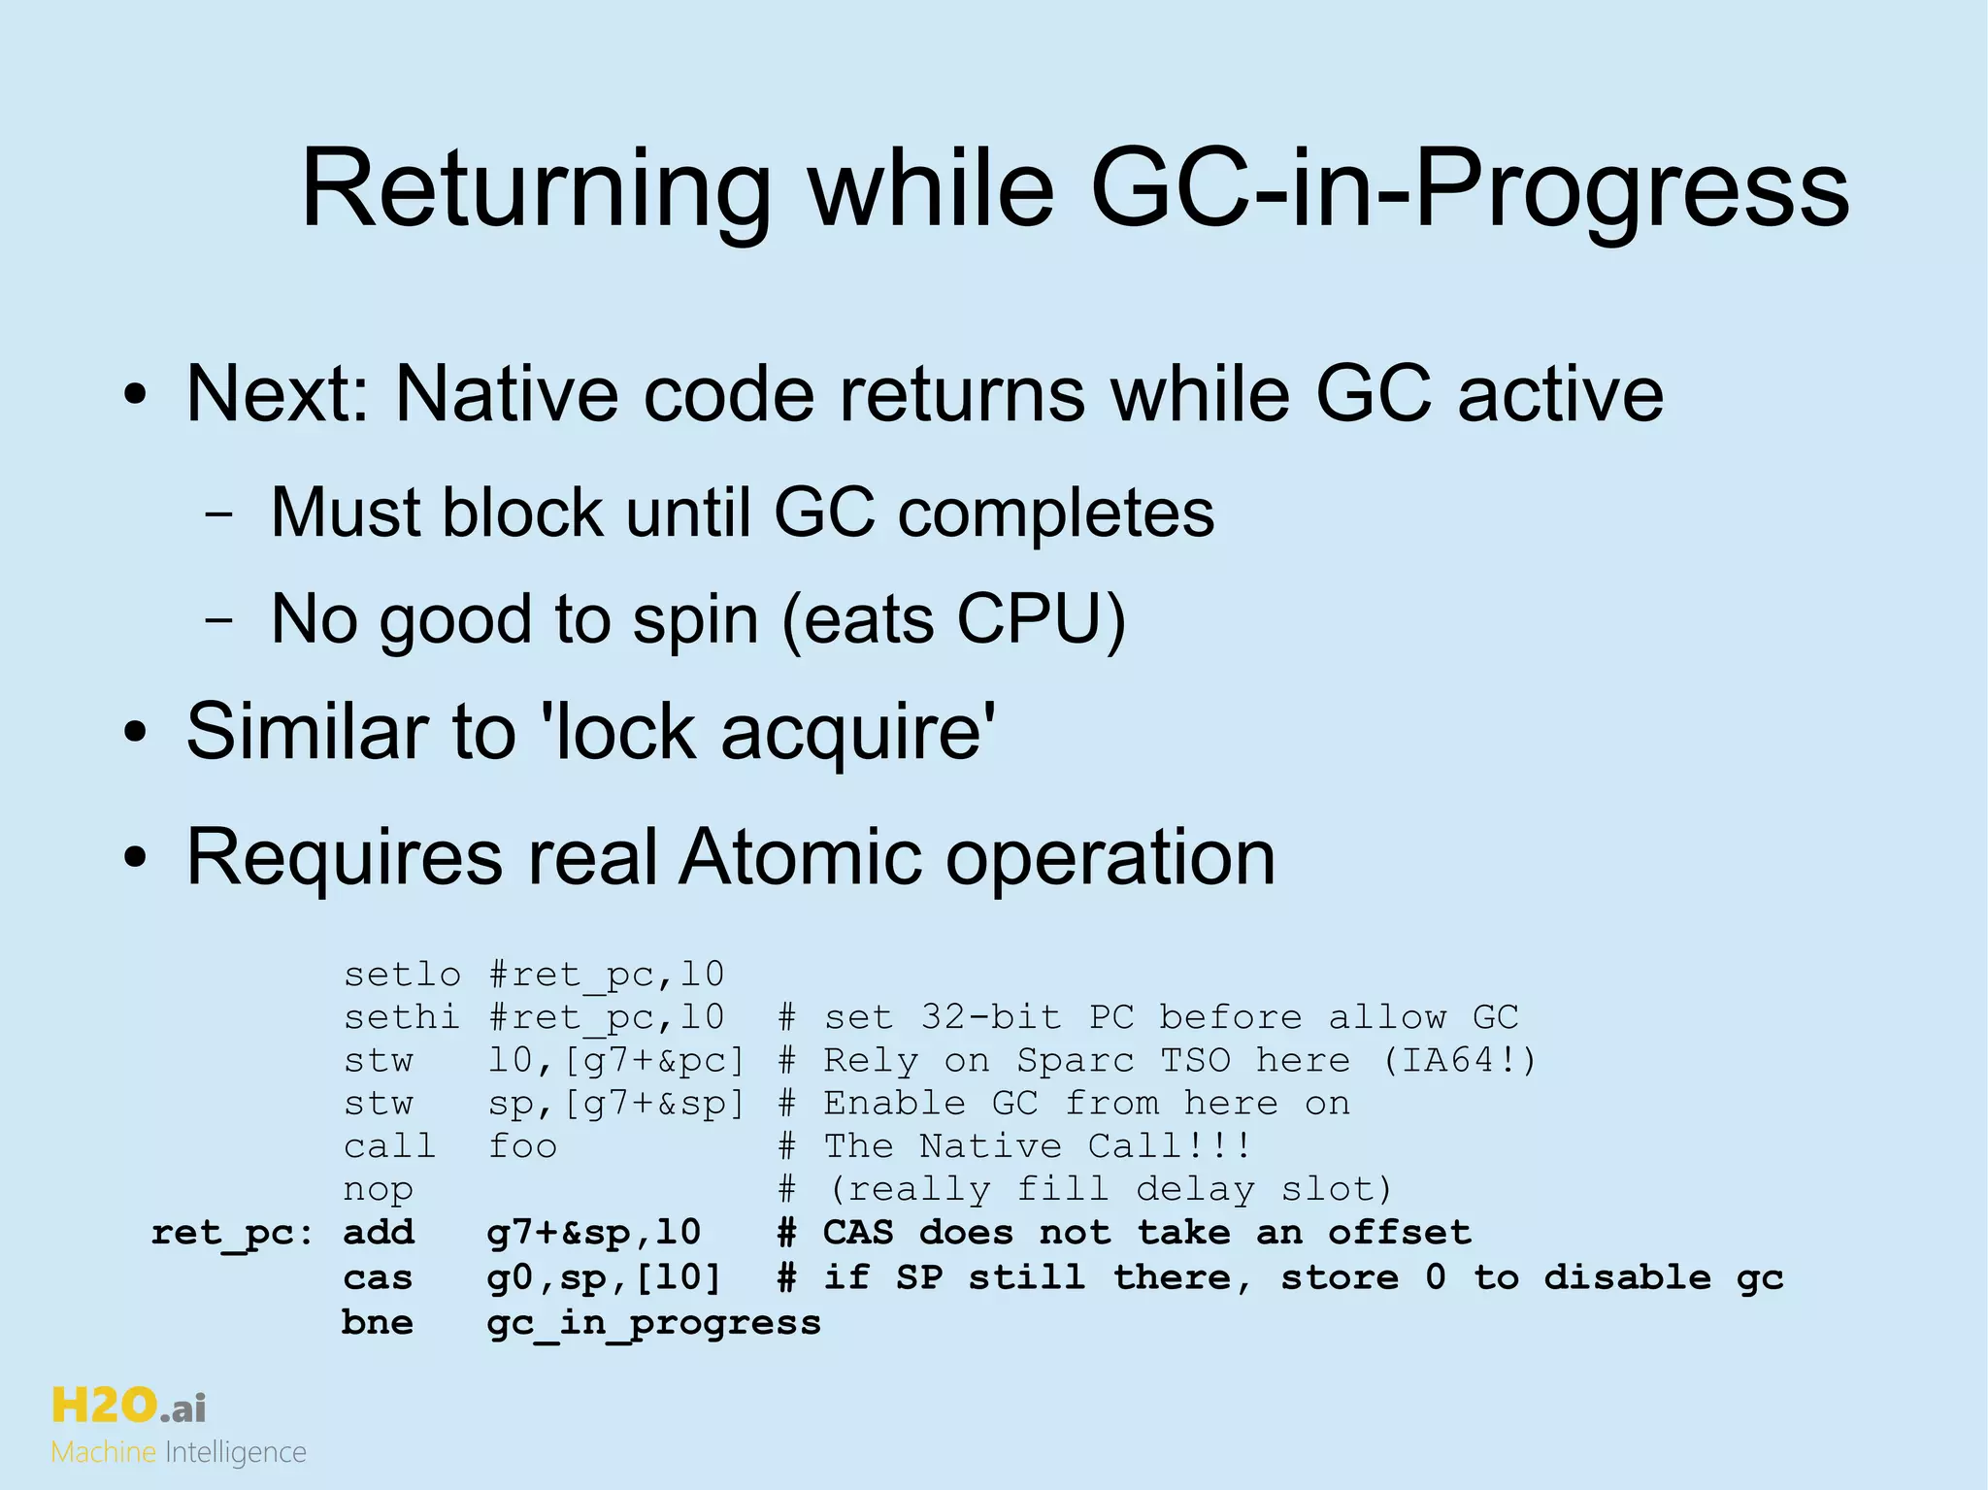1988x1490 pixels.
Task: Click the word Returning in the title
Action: click(x=537, y=189)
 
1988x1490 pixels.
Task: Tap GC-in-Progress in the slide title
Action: click(x=1470, y=189)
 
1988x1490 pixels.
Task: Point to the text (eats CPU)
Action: click(x=953, y=619)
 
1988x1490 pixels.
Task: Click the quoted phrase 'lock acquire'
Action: click(x=774, y=731)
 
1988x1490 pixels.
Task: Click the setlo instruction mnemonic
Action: click(x=402, y=974)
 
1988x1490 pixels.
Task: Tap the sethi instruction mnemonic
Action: click(x=402, y=1017)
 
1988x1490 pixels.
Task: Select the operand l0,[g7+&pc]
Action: click(x=615, y=1060)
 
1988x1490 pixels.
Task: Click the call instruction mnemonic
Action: click(x=389, y=1146)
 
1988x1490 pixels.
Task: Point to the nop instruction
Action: click(x=378, y=1189)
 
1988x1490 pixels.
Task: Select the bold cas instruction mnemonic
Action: click(x=378, y=1277)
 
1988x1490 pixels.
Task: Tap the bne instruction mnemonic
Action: click(x=378, y=1322)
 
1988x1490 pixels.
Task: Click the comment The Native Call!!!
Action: click(x=1037, y=1146)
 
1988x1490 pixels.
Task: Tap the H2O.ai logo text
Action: click(x=128, y=1406)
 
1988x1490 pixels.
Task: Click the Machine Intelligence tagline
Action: click(x=179, y=1453)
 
